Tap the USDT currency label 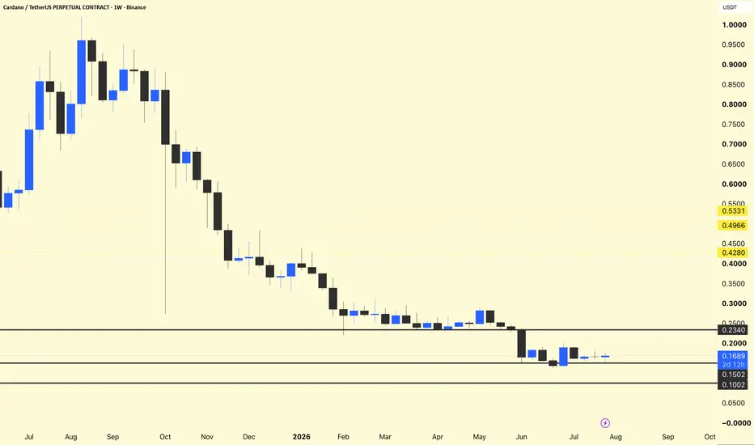(x=730, y=7)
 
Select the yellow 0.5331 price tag (x=733, y=210)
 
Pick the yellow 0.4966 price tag (x=733, y=225)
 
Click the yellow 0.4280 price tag (x=733, y=252)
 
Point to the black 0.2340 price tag (x=733, y=330)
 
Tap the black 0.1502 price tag (x=733, y=375)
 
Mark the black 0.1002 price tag (x=733, y=384)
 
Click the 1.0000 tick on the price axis (x=735, y=25)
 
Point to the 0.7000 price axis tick (x=735, y=144)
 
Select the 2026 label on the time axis (x=302, y=437)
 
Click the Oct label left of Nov (x=165, y=437)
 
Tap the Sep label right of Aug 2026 (x=668, y=437)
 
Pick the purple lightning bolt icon (x=605, y=423)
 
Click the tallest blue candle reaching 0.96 (x=81, y=72)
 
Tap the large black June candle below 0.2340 (x=521, y=344)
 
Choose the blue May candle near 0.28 (x=480, y=317)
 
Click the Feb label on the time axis (x=343, y=437)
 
